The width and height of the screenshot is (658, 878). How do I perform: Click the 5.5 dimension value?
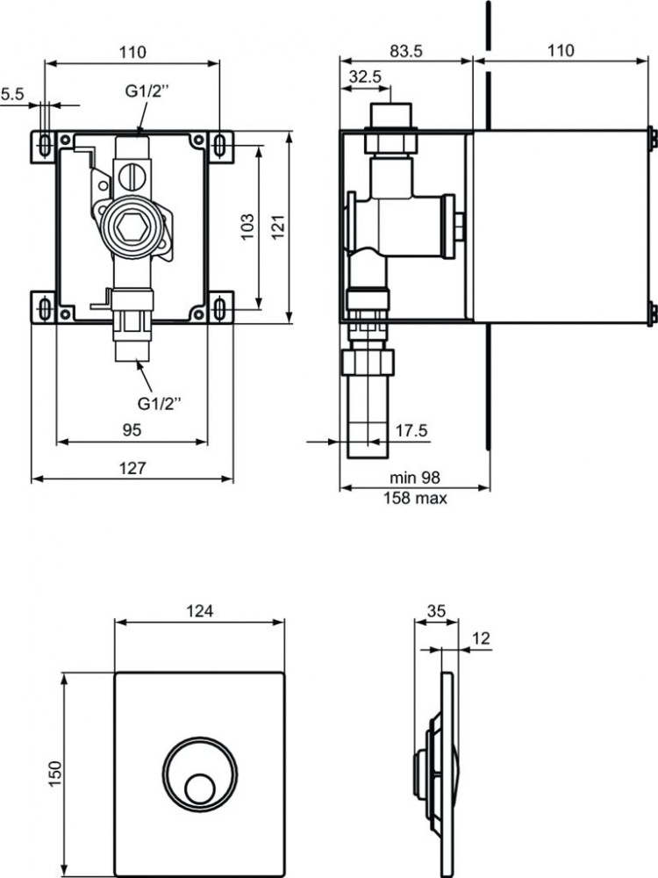pyautogui.click(x=12, y=92)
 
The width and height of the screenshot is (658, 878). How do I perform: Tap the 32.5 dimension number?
pyautogui.click(x=364, y=76)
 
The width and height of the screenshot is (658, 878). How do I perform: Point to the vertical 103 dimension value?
pyautogui.click(x=247, y=226)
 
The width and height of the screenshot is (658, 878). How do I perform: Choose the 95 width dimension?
pyautogui.click(x=132, y=430)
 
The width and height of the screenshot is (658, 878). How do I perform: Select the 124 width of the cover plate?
pyautogui.click(x=199, y=610)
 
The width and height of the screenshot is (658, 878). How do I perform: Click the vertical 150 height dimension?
pyautogui.click(x=54, y=771)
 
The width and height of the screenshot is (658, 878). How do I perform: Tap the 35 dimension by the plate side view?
pyautogui.click(x=436, y=610)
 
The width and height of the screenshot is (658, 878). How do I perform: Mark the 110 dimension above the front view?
pyautogui.click(x=132, y=52)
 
